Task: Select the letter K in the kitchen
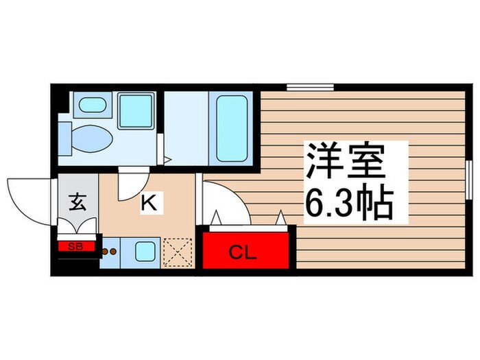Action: click(150, 202)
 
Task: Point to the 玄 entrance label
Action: click(77, 202)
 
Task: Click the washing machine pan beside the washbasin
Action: click(135, 110)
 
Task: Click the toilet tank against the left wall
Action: click(64, 136)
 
